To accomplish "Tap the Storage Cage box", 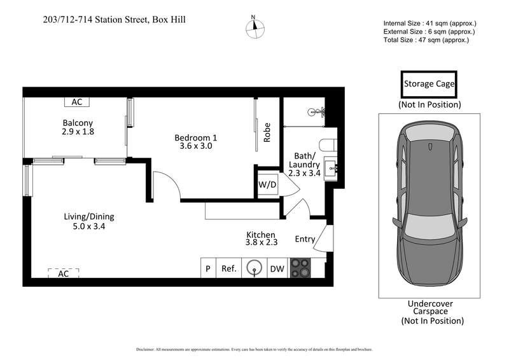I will click(x=429, y=84).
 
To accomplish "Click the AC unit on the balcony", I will click(x=77, y=102).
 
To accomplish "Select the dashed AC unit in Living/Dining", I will click(x=64, y=273).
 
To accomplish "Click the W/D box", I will click(x=267, y=185).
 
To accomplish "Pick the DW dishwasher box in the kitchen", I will click(x=277, y=268).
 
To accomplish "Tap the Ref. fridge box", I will click(x=229, y=268).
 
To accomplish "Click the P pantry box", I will click(x=208, y=268).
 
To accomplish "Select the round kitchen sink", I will click(x=254, y=268).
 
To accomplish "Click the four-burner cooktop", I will click(x=299, y=268).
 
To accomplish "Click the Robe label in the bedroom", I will click(x=268, y=132).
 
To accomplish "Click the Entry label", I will click(x=305, y=239).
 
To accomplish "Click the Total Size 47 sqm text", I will click(x=426, y=40).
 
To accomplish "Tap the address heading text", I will click(x=115, y=20).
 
